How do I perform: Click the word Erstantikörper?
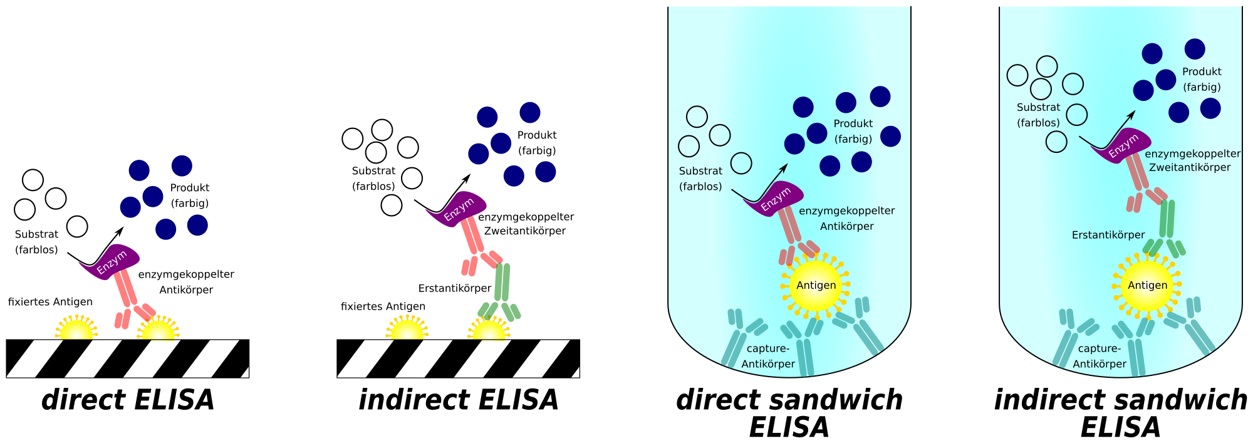1108,236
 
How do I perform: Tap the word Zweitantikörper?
1189,168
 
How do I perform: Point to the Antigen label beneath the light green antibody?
1147,285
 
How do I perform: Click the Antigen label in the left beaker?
816,285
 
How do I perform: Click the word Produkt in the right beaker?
1202,72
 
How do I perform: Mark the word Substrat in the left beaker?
700,171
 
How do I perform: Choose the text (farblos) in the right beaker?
1038,123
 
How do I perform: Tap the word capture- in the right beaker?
1099,348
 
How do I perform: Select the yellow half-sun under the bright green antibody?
489,330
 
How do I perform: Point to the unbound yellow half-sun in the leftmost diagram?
76,330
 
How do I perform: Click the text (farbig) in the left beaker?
853,139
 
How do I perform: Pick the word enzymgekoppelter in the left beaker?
846,211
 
